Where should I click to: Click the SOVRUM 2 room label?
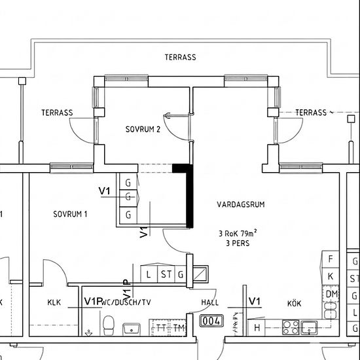point(143,129)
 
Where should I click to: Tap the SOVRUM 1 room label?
point(70,214)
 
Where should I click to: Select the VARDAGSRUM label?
point(241,204)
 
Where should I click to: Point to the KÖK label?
point(294,303)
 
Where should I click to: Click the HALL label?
point(210,302)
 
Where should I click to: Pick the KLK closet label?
point(54,302)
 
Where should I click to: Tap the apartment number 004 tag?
point(211,321)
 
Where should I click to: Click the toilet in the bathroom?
point(109,325)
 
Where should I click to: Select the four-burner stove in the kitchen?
point(291,328)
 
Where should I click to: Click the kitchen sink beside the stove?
point(309,328)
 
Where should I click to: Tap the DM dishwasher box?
point(331,294)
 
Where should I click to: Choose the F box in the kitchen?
point(331,259)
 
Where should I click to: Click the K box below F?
point(331,276)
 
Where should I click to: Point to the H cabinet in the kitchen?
point(257,328)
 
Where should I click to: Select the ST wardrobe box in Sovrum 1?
point(166,274)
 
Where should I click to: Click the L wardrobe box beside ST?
point(149,274)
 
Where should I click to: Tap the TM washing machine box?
point(177,328)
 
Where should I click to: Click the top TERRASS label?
point(181,57)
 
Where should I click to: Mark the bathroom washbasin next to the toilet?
point(132,329)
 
